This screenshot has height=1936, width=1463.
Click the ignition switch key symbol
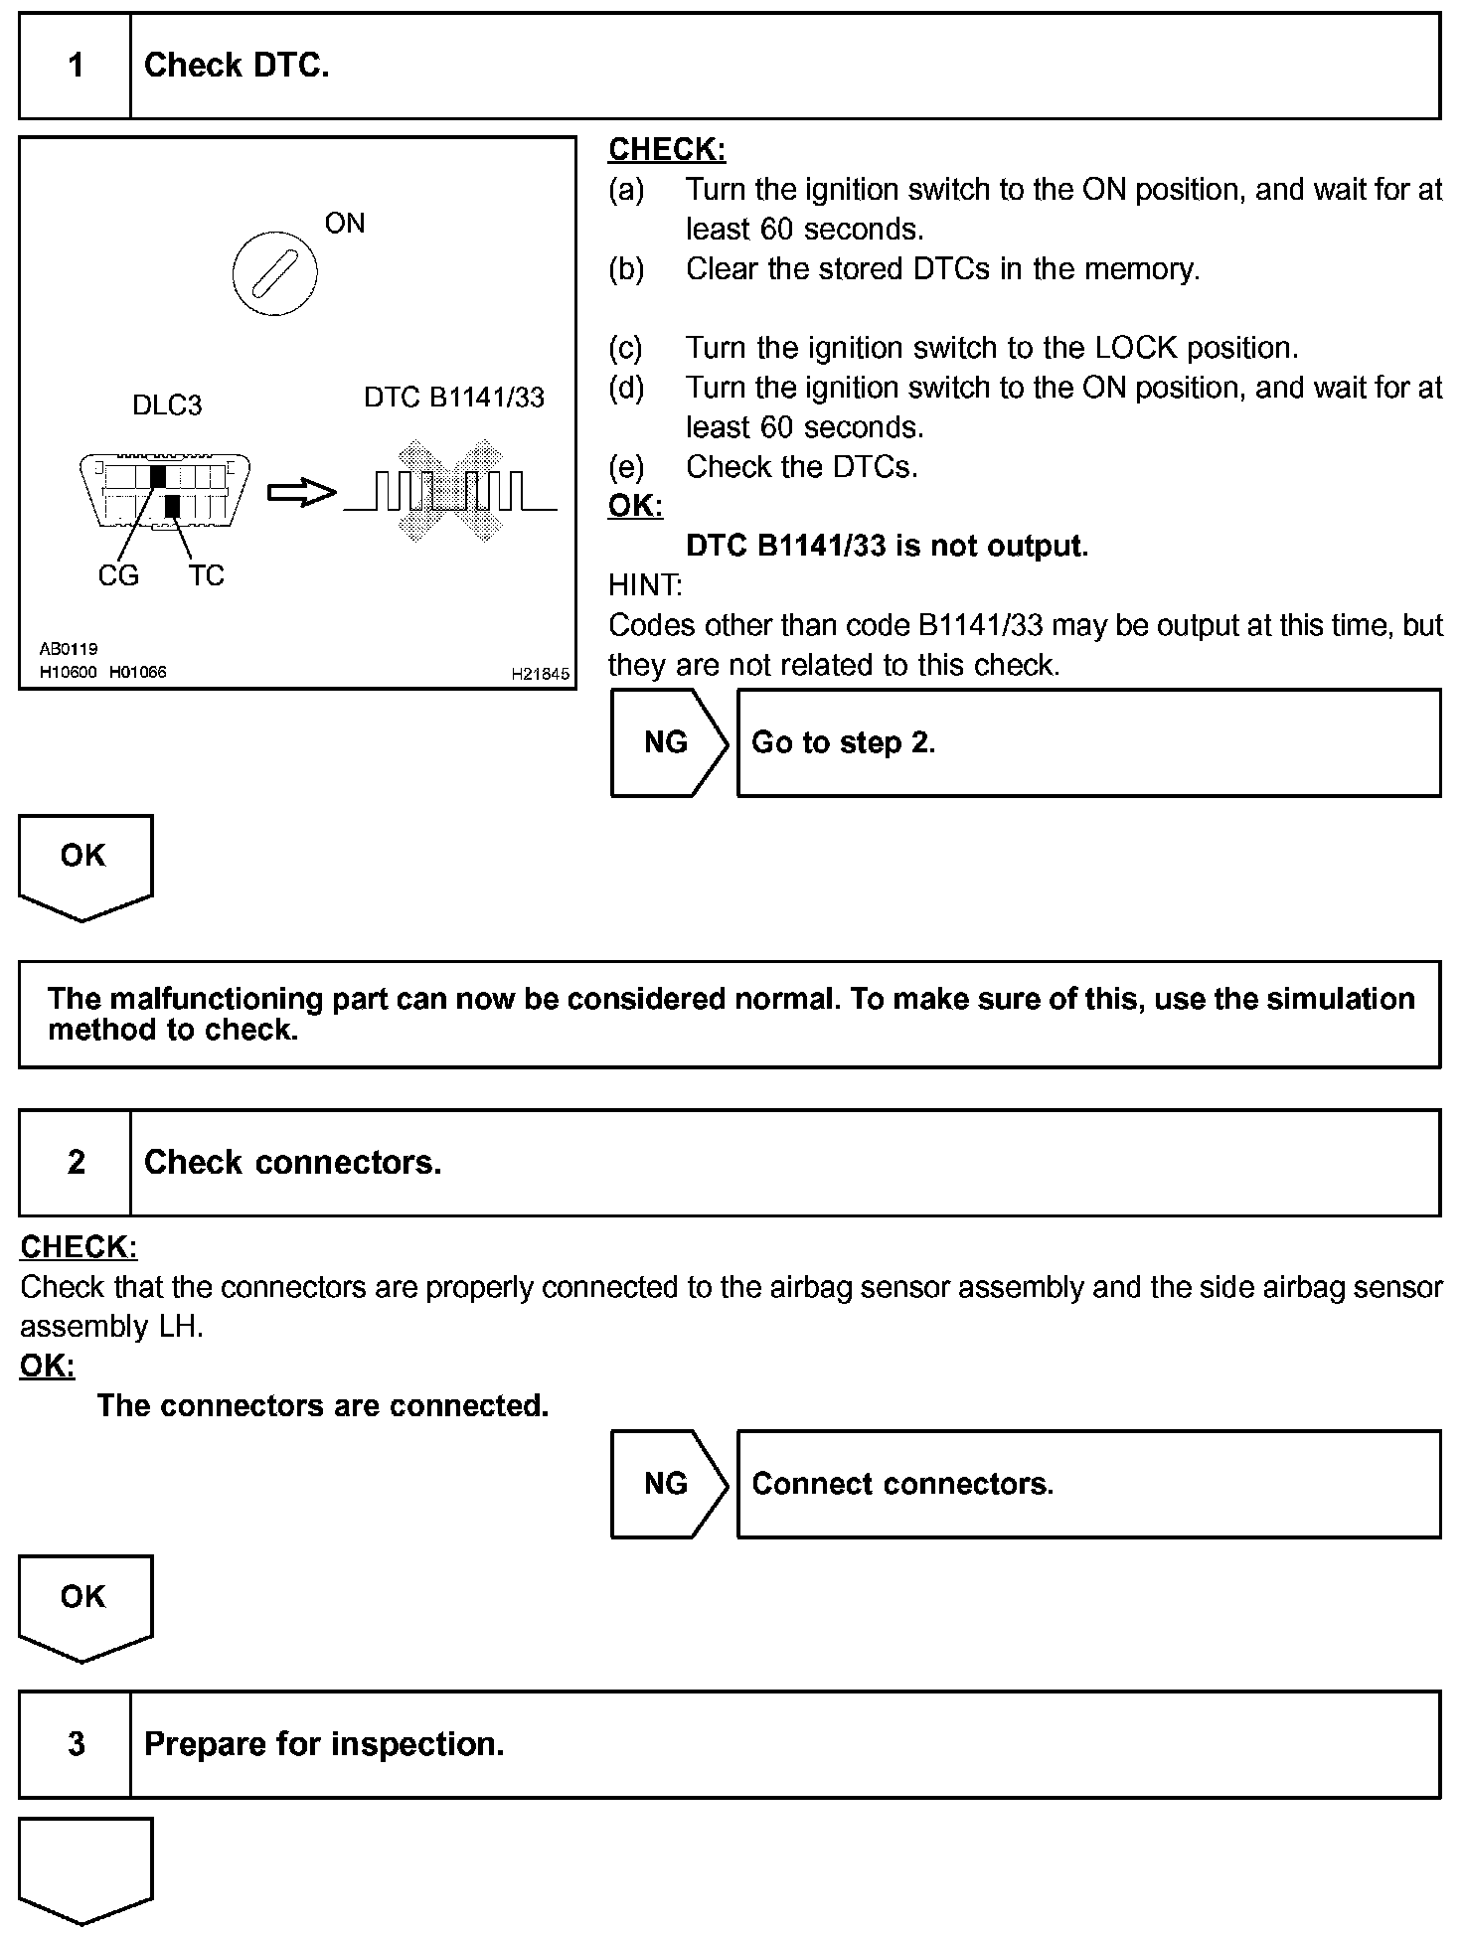point(274,272)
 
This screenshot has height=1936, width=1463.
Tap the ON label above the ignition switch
point(345,224)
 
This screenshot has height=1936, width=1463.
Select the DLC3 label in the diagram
point(167,405)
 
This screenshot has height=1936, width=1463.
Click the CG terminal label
point(118,575)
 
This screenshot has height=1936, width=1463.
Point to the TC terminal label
point(207,575)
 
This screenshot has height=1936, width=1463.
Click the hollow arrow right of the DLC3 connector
point(302,492)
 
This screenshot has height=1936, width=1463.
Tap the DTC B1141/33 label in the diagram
point(454,398)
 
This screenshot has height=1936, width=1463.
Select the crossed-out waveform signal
point(449,490)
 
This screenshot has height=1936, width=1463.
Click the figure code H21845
point(541,674)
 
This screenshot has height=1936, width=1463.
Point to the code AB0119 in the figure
point(69,649)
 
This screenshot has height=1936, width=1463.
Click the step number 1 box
point(76,66)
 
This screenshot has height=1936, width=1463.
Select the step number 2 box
point(76,1162)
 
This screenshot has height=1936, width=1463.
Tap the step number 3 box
point(76,1744)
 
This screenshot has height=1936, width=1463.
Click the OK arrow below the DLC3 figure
point(84,863)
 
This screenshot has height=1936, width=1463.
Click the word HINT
point(645,585)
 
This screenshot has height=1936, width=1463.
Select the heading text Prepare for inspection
point(324,1744)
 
